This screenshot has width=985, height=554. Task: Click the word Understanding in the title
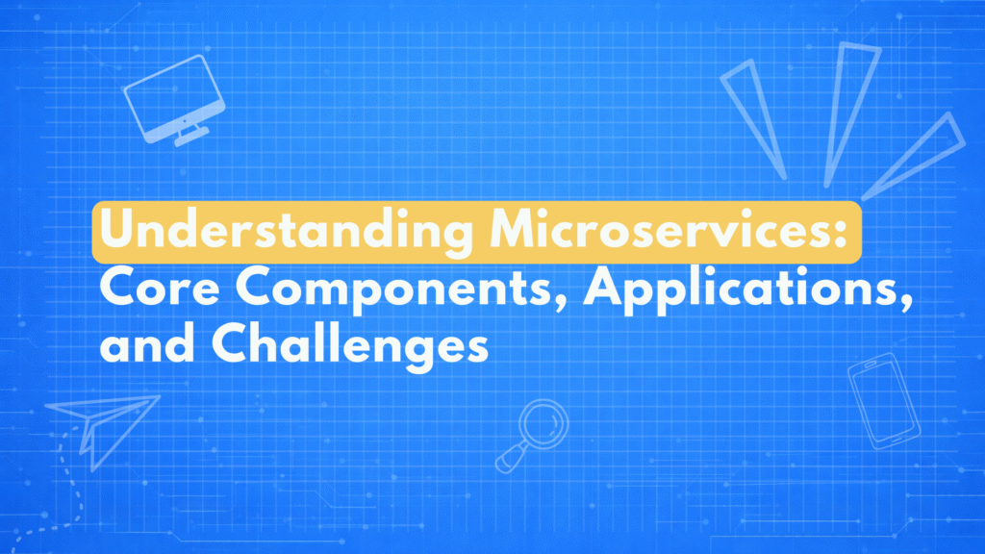pyautogui.click(x=287, y=231)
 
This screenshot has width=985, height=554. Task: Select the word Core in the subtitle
pyautogui.click(x=161, y=289)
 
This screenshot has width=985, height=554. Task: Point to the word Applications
pyautogui.click(x=742, y=290)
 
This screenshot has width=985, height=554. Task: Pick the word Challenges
pyautogui.click(x=350, y=345)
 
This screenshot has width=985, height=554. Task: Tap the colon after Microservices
pyautogui.click(x=841, y=231)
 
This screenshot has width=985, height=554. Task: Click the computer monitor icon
pyautogui.click(x=175, y=100)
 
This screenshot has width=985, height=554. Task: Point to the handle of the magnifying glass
pyautogui.click(x=511, y=458)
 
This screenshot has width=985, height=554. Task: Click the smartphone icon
pyautogui.click(x=883, y=401)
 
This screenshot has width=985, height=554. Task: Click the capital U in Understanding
pyautogui.click(x=116, y=229)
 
